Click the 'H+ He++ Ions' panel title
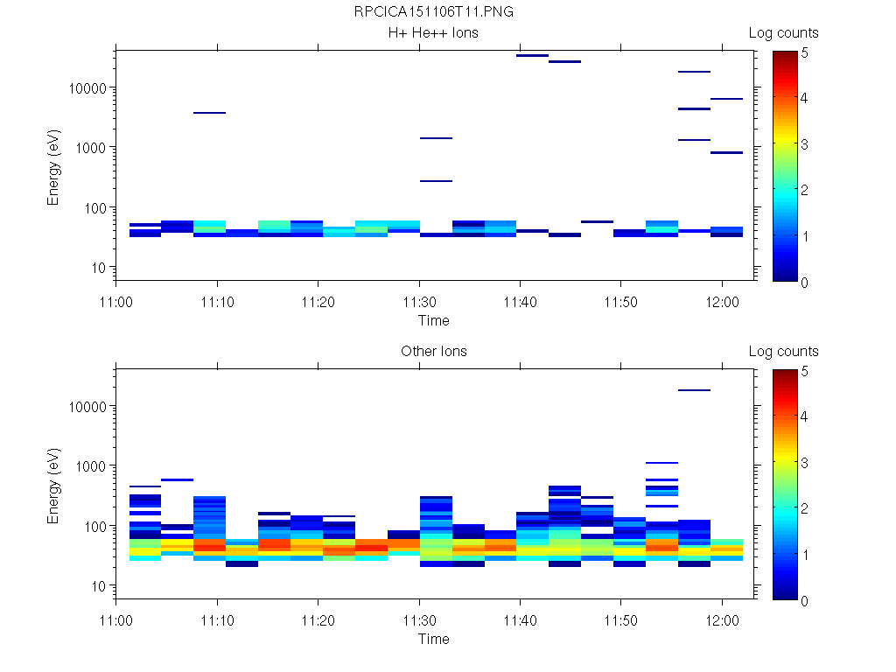(433, 33)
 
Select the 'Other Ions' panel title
(433, 352)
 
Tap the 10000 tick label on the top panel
(87, 88)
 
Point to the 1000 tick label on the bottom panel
(90, 466)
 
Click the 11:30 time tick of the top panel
(420, 298)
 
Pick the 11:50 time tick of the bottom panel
(621, 617)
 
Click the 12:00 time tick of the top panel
(722, 298)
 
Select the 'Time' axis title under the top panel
(433, 320)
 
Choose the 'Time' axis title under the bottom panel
(433, 639)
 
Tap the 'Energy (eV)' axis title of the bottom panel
(54, 483)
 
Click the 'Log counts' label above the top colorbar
(783, 33)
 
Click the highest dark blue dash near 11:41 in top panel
(532, 55)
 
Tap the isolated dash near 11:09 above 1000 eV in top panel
(209, 113)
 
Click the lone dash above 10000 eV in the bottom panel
(694, 390)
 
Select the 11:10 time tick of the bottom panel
(218, 617)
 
